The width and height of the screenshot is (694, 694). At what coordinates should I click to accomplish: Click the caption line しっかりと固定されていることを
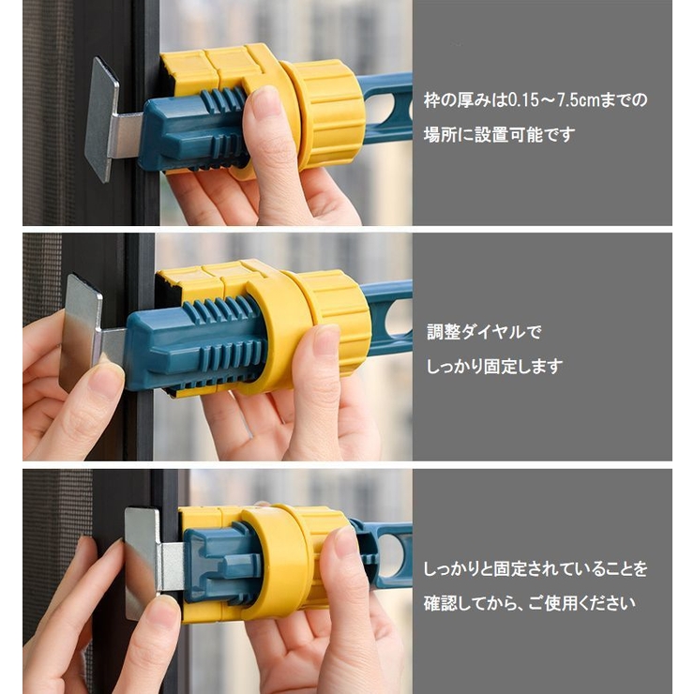pos(535,568)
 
